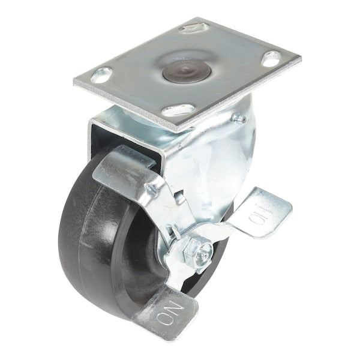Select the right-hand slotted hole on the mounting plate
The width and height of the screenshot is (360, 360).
271,59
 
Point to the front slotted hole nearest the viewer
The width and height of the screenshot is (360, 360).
179,110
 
